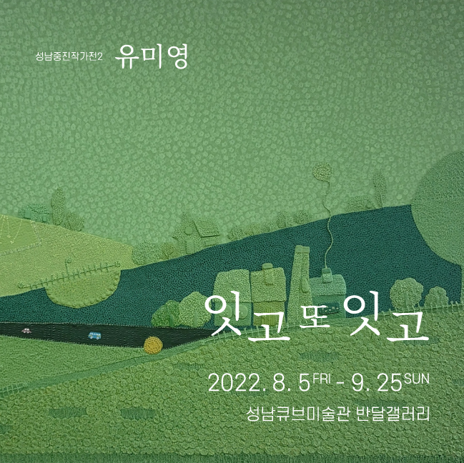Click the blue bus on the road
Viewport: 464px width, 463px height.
94,334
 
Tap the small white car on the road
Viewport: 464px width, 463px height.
26,331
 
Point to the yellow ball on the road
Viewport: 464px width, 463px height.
152,345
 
